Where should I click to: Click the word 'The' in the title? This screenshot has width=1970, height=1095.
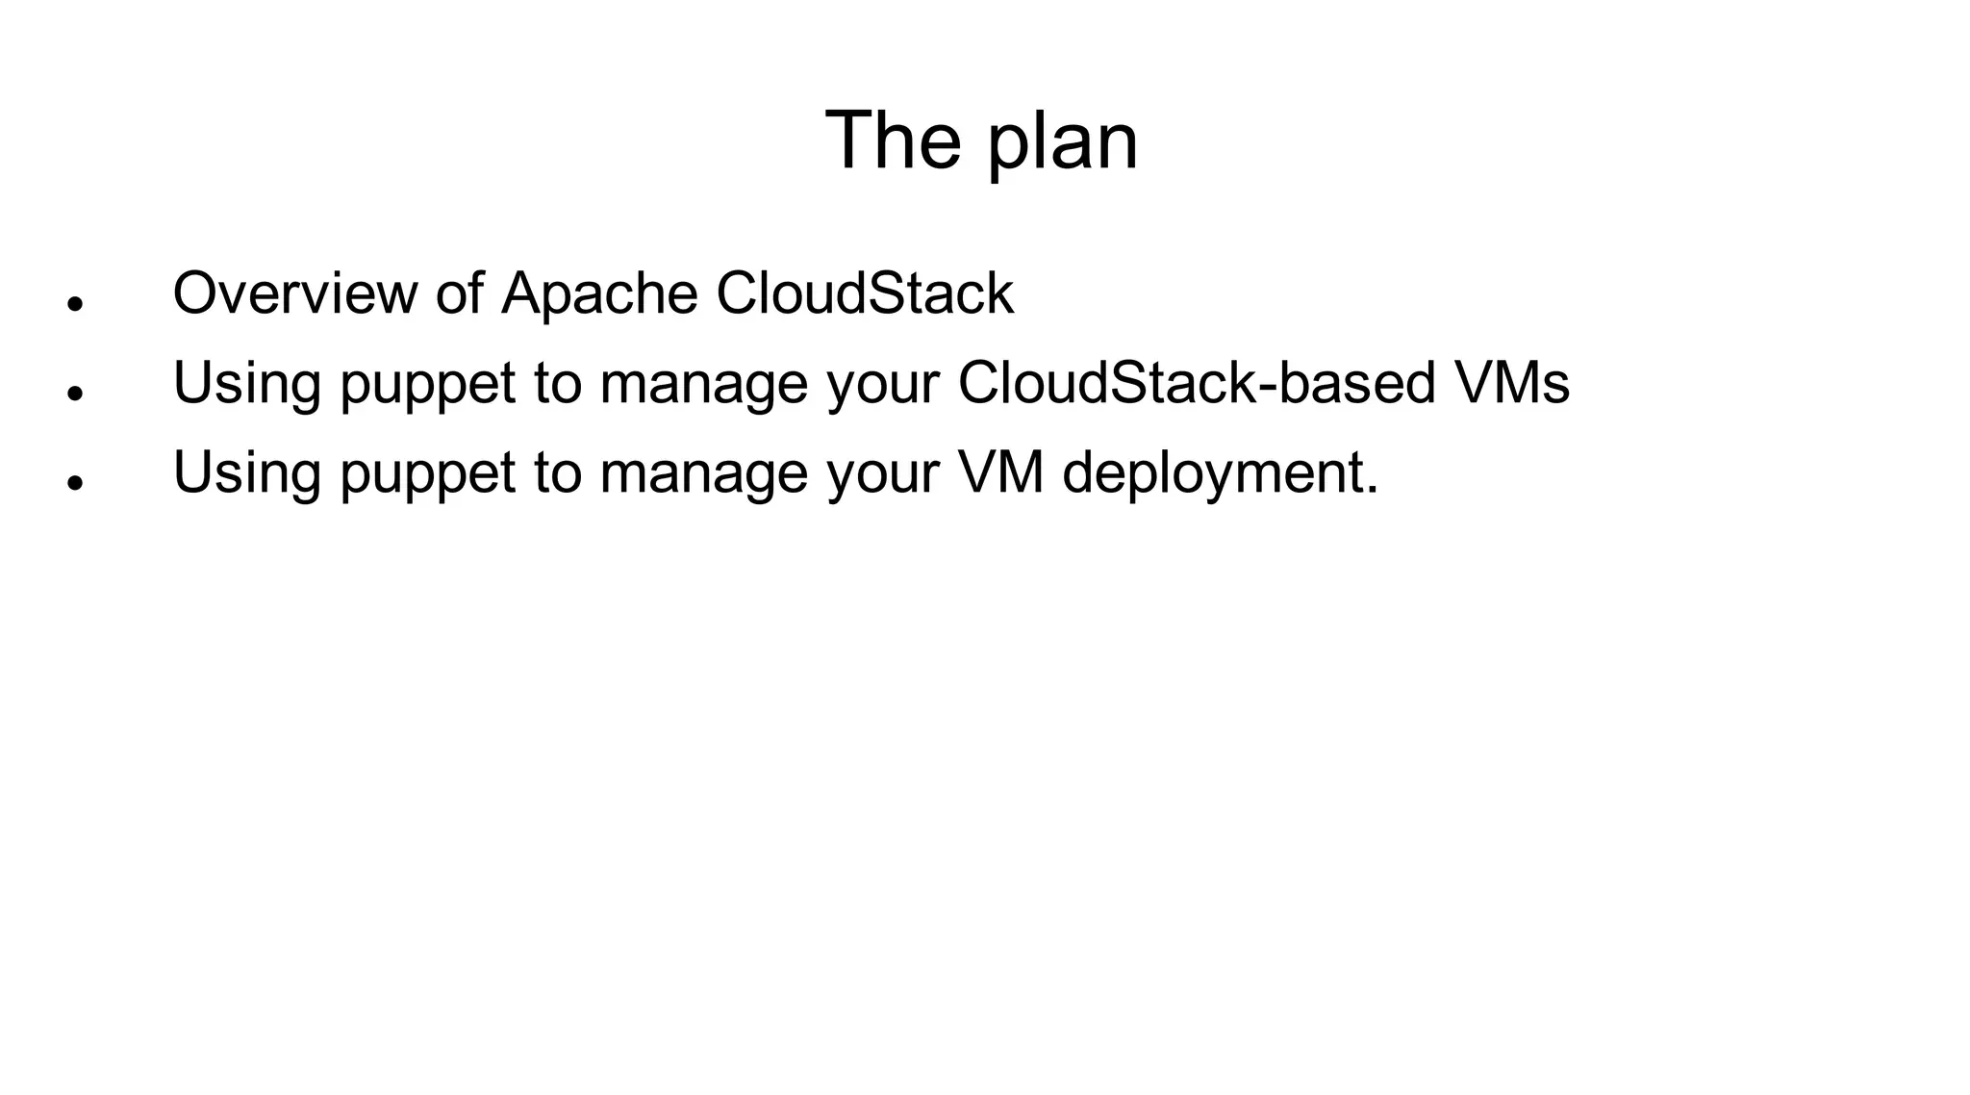point(893,141)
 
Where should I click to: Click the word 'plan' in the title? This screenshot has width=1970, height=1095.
point(1062,144)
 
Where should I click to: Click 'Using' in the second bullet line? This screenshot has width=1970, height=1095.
point(246,384)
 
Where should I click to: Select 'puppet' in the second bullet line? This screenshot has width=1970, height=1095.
point(428,384)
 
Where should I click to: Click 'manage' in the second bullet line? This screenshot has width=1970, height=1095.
point(703,384)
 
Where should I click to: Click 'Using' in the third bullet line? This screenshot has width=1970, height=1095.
point(246,473)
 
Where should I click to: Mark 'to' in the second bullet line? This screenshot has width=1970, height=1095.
point(557,382)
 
